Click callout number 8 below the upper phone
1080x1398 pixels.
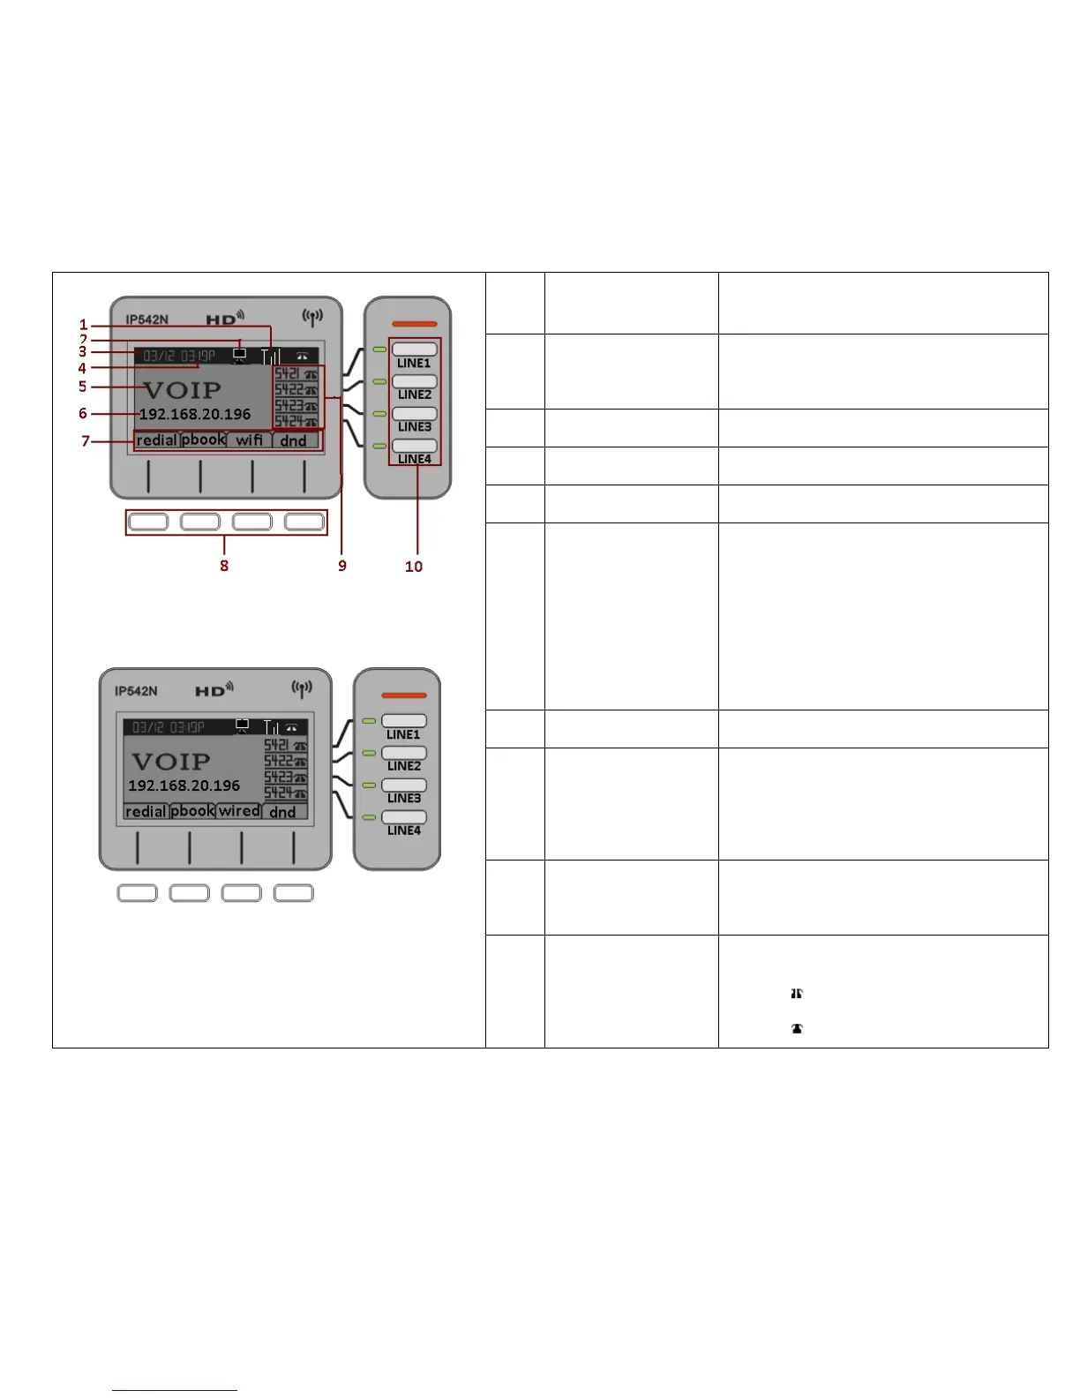point(224,566)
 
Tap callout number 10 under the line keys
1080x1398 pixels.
point(414,567)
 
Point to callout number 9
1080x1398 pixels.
point(342,566)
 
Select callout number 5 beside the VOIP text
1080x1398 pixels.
point(82,387)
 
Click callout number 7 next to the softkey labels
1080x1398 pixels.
point(86,440)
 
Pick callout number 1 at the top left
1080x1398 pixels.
point(84,325)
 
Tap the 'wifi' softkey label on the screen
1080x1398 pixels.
point(249,440)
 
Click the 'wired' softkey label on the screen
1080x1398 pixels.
point(239,810)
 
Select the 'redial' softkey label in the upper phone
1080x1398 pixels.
point(157,440)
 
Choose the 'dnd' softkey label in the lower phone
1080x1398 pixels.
point(282,811)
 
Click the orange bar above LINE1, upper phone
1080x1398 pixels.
point(414,324)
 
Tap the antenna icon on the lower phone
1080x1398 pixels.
point(302,688)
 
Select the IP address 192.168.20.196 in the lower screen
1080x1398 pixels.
point(184,785)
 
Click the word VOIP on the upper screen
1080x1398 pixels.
point(183,390)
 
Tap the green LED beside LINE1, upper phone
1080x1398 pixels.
point(380,350)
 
